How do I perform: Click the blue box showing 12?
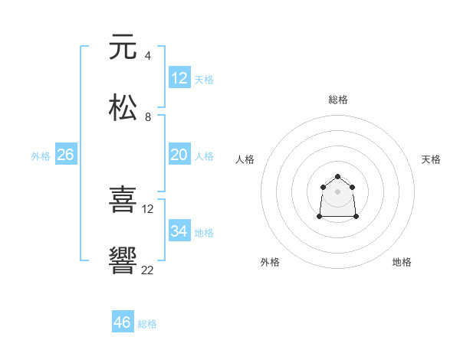(x=179, y=78)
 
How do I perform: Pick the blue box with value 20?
(x=179, y=155)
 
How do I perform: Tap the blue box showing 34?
(x=179, y=231)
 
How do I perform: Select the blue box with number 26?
(x=65, y=155)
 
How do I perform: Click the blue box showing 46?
(x=123, y=322)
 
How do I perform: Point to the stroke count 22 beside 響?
(x=148, y=269)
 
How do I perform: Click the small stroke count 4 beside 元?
(x=147, y=55)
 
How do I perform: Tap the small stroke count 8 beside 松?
(x=147, y=116)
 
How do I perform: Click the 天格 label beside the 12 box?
(x=204, y=80)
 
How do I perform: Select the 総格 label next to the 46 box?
(x=147, y=324)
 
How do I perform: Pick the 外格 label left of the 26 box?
(x=41, y=156)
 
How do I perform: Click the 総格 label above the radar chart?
(x=338, y=100)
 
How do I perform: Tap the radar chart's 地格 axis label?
(x=402, y=262)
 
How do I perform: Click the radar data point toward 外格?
(x=320, y=217)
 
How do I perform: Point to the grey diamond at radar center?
(x=338, y=191)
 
